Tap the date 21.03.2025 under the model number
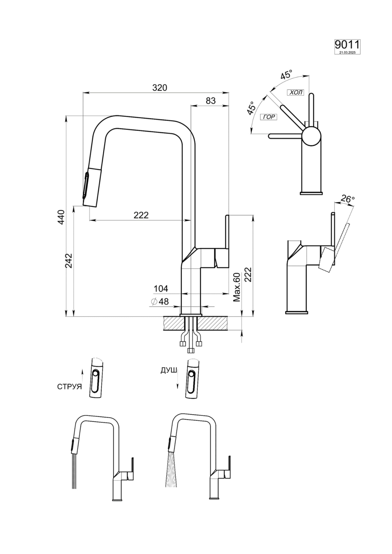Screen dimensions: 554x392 (x=347, y=52)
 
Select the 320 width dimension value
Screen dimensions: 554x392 (x=160, y=88)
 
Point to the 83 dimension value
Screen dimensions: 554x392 (x=211, y=101)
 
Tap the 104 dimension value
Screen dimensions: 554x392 (x=161, y=289)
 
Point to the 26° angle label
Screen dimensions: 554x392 (x=347, y=199)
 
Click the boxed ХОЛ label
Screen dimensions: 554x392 (x=296, y=92)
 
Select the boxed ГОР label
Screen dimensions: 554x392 (x=269, y=117)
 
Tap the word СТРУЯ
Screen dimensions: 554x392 (x=69, y=387)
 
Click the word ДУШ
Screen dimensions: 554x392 (x=168, y=370)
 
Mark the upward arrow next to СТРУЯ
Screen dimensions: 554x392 (x=82, y=375)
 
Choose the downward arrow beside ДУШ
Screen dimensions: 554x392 (x=177, y=382)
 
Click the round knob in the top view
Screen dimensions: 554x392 (x=311, y=137)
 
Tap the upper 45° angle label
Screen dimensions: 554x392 (x=286, y=75)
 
